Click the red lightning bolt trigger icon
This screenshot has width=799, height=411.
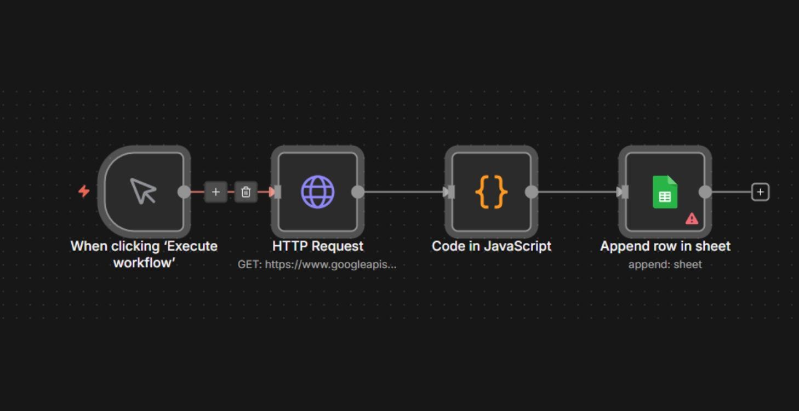(84, 191)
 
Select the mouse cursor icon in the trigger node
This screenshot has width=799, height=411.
(143, 191)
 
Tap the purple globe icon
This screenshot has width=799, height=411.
(317, 192)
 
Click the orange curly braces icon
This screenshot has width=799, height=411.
(491, 192)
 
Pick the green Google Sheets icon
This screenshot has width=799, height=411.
(665, 192)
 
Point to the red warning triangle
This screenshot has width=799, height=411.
(692, 218)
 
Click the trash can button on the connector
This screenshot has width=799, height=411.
(246, 192)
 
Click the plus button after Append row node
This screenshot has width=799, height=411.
(760, 192)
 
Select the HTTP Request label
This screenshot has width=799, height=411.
(317, 246)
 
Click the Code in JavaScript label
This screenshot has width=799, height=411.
(491, 246)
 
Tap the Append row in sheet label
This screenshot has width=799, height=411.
(665, 246)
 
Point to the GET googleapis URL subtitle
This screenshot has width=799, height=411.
(317, 265)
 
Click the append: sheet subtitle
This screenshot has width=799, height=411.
(665, 265)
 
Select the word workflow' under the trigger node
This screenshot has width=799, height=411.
(144, 263)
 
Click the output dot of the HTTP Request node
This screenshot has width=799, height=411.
(358, 192)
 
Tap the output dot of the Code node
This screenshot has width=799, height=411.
(532, 192)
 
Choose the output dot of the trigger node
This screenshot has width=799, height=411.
(184, 192)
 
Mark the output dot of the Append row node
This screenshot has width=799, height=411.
(705, 192)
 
